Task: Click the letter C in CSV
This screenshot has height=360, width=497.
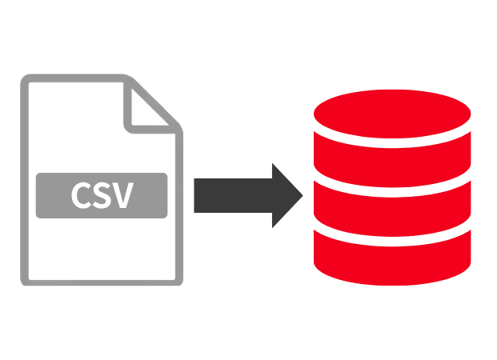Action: click(82, 195)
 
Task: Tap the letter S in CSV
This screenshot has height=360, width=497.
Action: click(102, 195)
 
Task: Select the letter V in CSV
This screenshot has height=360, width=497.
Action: click(122, 195)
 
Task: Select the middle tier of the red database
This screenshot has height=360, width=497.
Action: click(392, 206)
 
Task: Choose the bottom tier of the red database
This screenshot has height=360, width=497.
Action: click(392, 256)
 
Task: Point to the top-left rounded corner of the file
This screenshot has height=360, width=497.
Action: click(26, 79)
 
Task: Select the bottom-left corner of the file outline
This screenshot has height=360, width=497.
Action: click(26, 281)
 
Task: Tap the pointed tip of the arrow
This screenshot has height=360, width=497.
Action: click(302, 195)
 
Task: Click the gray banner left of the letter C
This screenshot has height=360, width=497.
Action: click(53, 195)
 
